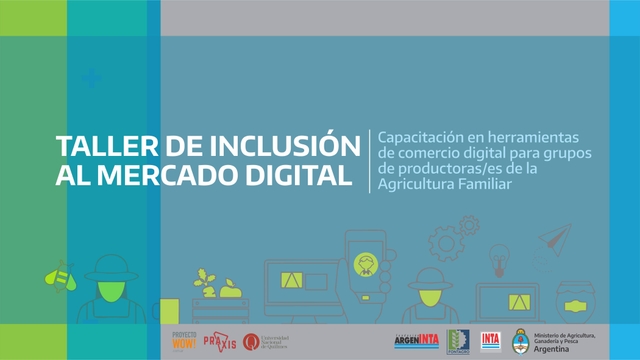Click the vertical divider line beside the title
click(369, 160)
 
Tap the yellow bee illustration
click(61, 272)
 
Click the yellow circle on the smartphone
click(367, 264)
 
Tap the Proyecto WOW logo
click(185, 339)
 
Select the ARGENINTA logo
click(417, 340)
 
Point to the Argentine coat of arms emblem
click(521, 340)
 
